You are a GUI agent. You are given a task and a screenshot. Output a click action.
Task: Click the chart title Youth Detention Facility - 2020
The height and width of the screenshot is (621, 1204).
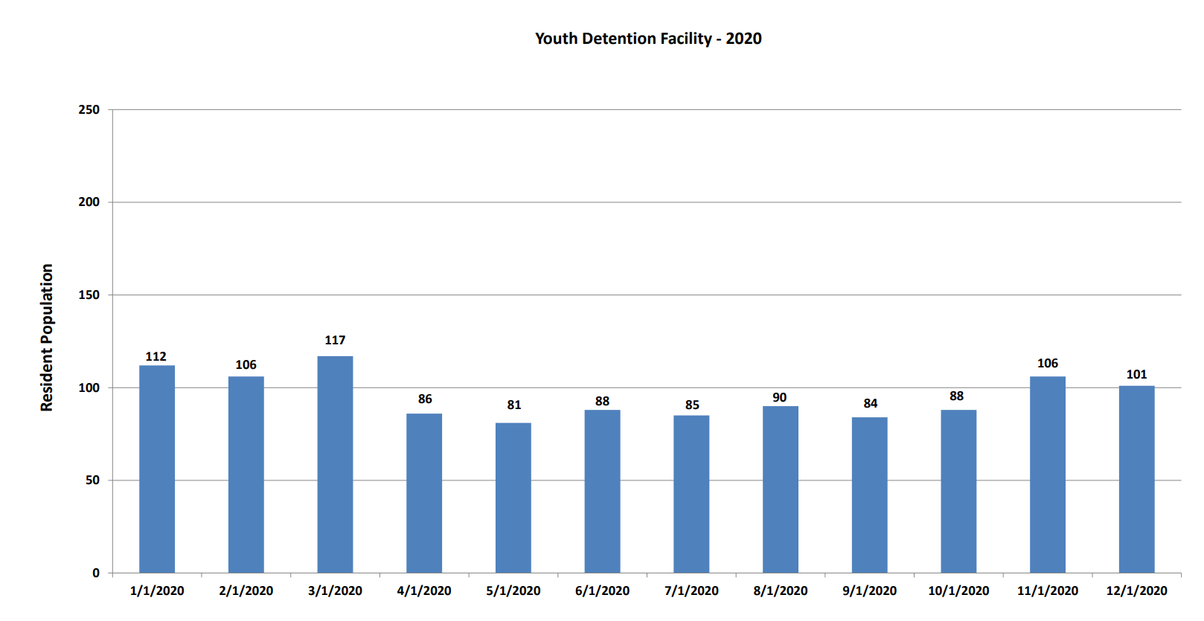648,39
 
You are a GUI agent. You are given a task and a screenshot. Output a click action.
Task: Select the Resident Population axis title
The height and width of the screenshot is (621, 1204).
47,337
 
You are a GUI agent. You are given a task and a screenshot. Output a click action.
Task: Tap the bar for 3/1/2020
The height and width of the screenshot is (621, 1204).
335,464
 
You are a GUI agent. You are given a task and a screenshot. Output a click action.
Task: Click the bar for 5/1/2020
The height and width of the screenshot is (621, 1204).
513,498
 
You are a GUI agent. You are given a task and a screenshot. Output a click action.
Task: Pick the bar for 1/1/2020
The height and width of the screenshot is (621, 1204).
157,469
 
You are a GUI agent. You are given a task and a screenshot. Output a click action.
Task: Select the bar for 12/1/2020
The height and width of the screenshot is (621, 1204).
1136,479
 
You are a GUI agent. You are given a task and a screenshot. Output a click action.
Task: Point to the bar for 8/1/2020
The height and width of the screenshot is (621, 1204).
781,489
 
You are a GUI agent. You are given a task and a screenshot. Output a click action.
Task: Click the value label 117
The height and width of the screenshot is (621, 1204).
335,341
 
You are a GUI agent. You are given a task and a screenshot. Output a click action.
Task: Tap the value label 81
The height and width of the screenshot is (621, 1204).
514,405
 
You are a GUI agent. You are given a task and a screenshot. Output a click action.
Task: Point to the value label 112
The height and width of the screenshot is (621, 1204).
156,357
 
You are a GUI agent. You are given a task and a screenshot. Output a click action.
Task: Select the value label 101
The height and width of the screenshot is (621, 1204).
1136,375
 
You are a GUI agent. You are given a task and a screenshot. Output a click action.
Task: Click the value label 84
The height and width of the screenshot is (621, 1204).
871,404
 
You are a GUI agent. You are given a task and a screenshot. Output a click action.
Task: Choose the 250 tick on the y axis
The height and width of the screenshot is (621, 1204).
89,110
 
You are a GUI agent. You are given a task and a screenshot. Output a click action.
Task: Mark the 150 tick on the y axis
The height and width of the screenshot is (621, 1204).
89,295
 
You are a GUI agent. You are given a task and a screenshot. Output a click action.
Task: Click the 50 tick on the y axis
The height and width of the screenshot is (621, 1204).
92,480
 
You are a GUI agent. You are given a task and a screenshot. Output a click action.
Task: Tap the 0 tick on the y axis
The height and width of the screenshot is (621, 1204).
96,573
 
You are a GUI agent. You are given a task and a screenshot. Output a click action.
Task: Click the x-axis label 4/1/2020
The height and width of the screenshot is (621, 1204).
424,591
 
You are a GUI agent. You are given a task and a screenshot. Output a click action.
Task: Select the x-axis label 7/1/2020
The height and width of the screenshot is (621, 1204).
691,591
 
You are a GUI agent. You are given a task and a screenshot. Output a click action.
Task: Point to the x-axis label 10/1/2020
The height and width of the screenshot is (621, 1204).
958,591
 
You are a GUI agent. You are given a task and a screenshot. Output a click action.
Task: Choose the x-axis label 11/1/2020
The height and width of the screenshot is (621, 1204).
1048,591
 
